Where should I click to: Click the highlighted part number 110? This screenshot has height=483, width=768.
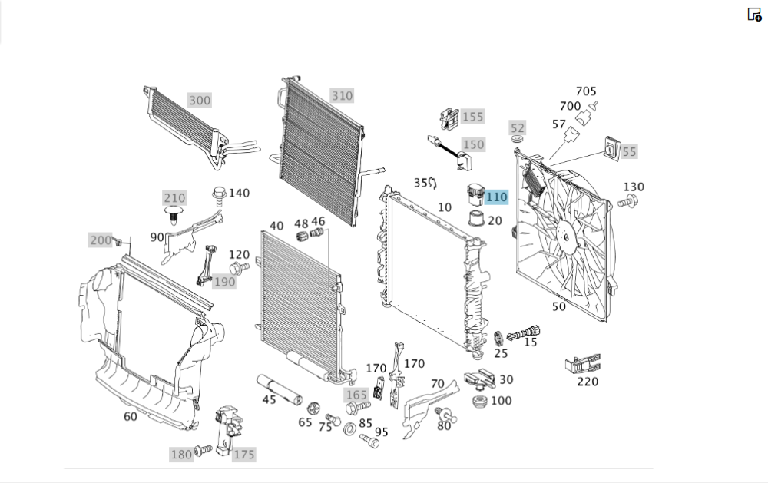(496, 197)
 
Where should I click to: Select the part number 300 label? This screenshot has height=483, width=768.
(200, 101)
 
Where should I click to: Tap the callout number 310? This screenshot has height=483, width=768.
(342, 96)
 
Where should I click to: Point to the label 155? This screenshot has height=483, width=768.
(472, 117)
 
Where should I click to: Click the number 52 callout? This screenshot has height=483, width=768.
(518, 127)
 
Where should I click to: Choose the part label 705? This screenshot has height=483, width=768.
(586, 91)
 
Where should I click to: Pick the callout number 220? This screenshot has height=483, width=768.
(587, 382)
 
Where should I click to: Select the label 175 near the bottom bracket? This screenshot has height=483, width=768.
(243, 455)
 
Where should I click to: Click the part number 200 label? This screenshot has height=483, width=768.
(101, 240)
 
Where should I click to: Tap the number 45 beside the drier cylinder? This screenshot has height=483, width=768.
(269, 400)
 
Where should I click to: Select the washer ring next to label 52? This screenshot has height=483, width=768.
(517, 140)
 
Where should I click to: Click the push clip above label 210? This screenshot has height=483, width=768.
(176, 212)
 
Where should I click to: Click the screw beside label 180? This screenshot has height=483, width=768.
(203, 450)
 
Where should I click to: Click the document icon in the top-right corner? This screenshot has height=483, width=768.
(754, 14)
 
